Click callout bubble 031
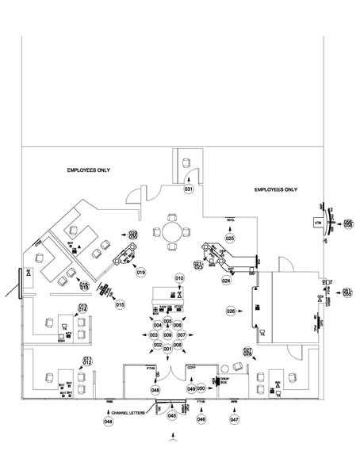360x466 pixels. [x=189, y=190]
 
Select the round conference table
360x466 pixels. [x=173, y=232]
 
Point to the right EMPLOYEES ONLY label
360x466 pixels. [x=275, y=190]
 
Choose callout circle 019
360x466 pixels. [x=140, y=272]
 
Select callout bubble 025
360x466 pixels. [x=230, y=238]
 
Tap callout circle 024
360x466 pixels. [x=226, y=281]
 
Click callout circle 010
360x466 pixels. [x=179, y=278]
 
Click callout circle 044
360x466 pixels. [x=108, y=422]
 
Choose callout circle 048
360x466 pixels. [x=155, y=389]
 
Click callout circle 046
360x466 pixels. [x=201, y=419]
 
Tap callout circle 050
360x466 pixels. [x=201, y=388]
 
